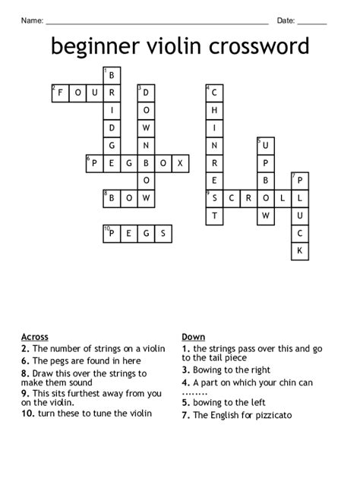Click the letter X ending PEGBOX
click(182, 162)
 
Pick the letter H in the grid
click(215, 110)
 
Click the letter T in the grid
click(215, 215)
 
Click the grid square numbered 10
click(112, 232)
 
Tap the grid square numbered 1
click(112, 75)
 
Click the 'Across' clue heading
click(35, 336)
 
